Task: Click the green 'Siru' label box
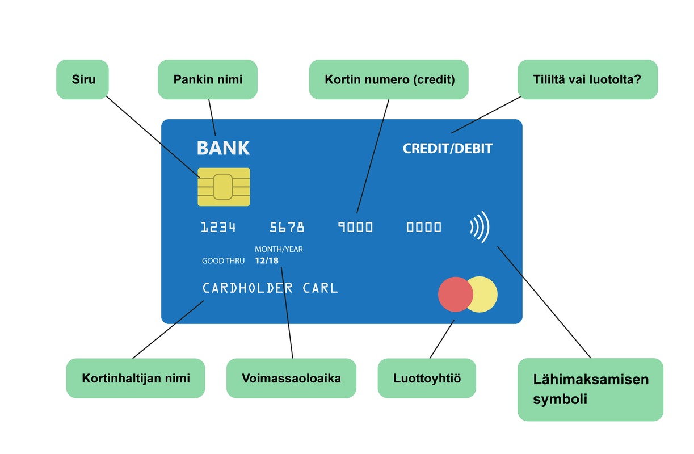pos(82,79)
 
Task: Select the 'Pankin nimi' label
pos(208,79)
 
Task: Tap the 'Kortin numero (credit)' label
pos(389,79)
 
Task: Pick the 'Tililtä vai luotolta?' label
pos(587,79)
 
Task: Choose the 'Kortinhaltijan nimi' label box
pos(136,378)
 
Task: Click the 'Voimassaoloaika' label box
pos(291,378)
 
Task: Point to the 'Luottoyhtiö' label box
pos(427,378)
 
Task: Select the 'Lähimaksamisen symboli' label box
pos(590,389)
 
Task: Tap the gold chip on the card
pos(224,187)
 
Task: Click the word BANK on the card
pos(223,148)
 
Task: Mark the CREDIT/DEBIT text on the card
pos(448,149)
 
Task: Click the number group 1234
pos(218,228)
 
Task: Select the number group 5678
pos(287,228)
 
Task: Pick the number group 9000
pos(356,228)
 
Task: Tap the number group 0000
pos(424,228)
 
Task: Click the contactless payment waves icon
pos(480,227)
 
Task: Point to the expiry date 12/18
pos(267,261)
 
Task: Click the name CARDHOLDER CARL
pos(270,288)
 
